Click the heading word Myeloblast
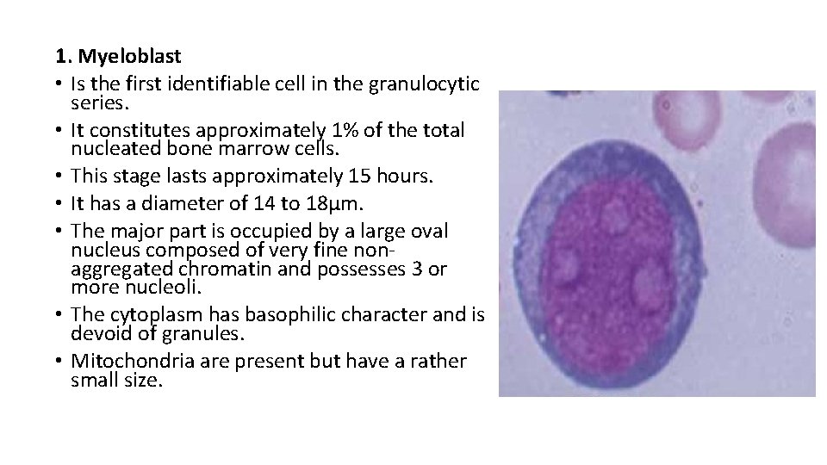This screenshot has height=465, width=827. tap(129, 57)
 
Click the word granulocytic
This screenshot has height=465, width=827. tap(424, 84)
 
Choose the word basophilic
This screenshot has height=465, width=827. tap(284, 315)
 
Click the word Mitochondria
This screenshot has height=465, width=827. tap(130, 362)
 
